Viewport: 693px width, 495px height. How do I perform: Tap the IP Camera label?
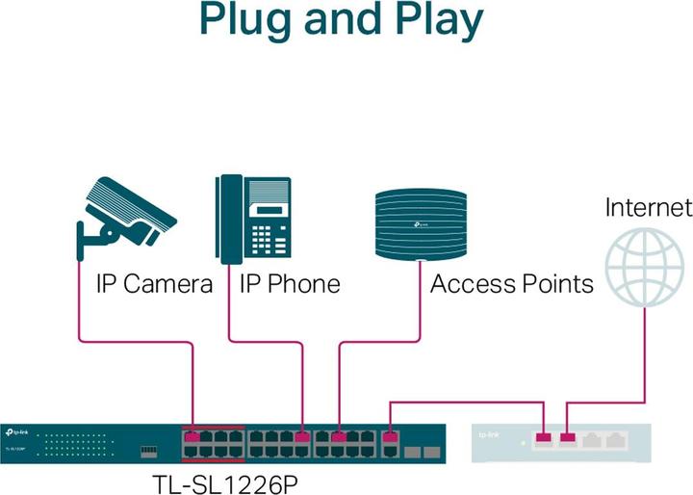tap(153, 284)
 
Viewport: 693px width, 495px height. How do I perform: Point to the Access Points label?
tap(511, 284)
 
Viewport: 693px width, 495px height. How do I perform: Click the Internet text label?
tap(648, 207)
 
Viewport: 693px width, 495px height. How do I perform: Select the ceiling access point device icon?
tap(422, 224)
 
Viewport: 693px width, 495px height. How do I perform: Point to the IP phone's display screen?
tap(269, 209)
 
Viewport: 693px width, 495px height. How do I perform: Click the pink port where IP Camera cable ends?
tap(193, 438)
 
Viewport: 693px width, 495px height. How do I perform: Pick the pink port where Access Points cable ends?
tap(339, 438)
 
